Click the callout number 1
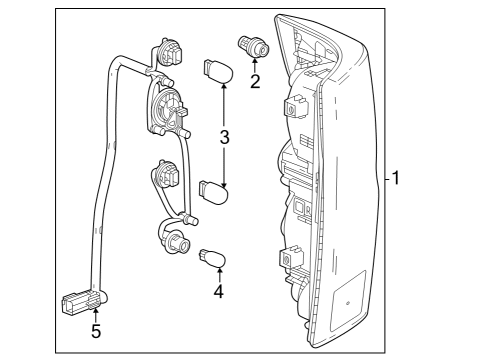[x=397, y=180]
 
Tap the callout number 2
[x=255, y=81]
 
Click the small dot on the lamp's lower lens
[x=347, y=299]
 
